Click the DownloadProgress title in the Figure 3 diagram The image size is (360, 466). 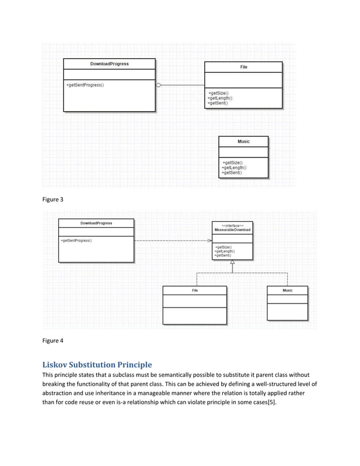pos(109,64)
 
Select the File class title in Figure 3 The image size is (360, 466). pos(243,67)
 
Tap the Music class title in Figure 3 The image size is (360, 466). pos(243,142)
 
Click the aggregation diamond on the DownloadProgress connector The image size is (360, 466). pos(159,85)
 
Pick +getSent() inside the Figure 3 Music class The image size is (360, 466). pos(233,173)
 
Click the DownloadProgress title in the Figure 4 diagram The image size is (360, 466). pos(96,223)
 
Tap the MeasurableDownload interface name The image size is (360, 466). pos(232,230)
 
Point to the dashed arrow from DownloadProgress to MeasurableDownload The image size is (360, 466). pos(172,241)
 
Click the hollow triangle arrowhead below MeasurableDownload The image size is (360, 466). pos(232,263)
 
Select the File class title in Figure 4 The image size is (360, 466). pos(195,291)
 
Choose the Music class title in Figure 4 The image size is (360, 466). pos(287,291)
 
